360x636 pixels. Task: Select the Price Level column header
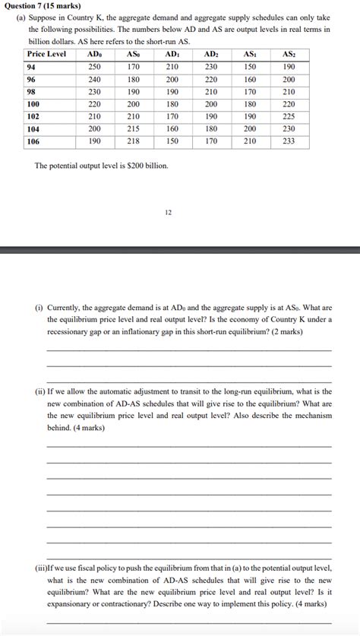[46, 55]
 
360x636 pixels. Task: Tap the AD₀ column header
[94, 55]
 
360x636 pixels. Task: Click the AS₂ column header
[289, 55]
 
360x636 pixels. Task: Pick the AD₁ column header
[172, 55]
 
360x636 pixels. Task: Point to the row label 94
[32, 68]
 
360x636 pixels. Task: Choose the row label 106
[33, 141]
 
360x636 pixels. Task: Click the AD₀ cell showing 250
[94, 68]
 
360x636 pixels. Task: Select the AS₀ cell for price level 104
[133, 128]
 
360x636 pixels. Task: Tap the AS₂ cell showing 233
[289, 141]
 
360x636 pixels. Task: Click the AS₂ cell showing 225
[289, 116]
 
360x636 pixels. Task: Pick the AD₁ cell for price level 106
[172, 141]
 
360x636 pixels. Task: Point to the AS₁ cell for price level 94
[250, 68]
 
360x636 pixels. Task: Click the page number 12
[168, 212]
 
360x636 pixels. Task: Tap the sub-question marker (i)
[38, 308]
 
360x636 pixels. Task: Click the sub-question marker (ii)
[39, 391]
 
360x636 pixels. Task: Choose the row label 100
[33, 104]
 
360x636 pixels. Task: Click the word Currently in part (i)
[65, 308]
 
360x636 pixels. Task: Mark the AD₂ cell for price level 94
[211, 68]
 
